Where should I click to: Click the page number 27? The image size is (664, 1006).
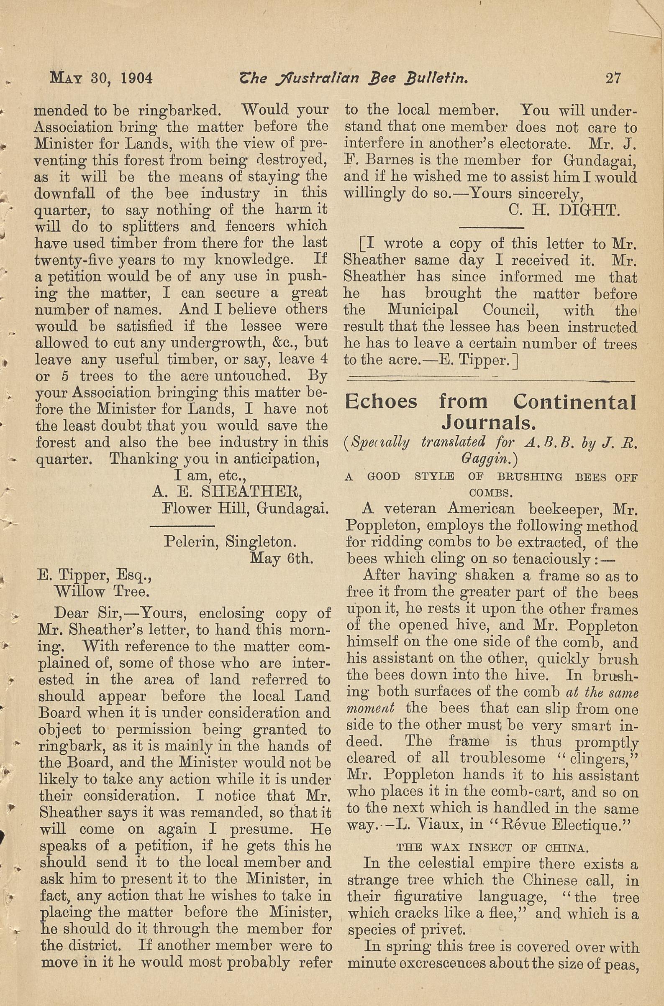pos(613,79)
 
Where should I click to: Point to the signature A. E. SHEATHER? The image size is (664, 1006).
pos(226,492)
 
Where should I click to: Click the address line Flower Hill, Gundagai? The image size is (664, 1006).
pos(246,508)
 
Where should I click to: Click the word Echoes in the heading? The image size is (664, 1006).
pos(381,401)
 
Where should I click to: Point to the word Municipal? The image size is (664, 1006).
pos(423,310)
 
